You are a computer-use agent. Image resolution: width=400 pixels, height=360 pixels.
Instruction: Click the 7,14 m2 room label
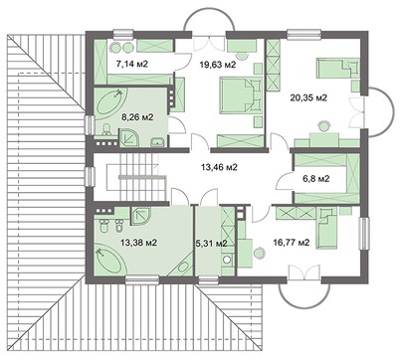click(134, 64)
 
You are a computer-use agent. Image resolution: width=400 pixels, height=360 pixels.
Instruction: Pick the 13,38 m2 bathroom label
click(138, 241)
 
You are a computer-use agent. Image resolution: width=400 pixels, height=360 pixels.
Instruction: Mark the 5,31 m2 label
click(209, 242)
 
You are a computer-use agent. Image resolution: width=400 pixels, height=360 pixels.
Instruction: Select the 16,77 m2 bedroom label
click(291, 241)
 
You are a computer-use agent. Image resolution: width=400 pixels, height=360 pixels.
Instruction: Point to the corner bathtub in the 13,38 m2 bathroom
click(108, 262)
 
